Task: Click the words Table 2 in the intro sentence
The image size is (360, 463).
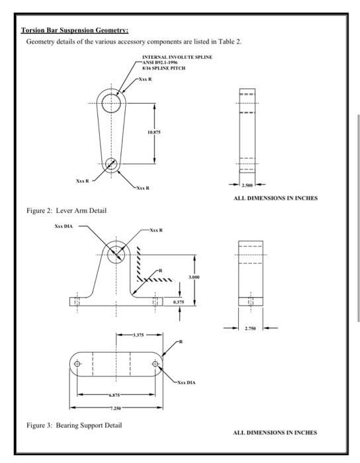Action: click(x=229, y=42)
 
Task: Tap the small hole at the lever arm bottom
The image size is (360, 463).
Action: click(x=111, y=164)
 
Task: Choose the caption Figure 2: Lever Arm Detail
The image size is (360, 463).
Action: click(x=66, y=210)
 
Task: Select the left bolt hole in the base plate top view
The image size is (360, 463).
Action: click(x=78, y=364)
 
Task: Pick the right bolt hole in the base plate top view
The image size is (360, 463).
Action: click(x=156, y=364)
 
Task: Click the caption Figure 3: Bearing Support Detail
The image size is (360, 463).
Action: click(x=74, y=424)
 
